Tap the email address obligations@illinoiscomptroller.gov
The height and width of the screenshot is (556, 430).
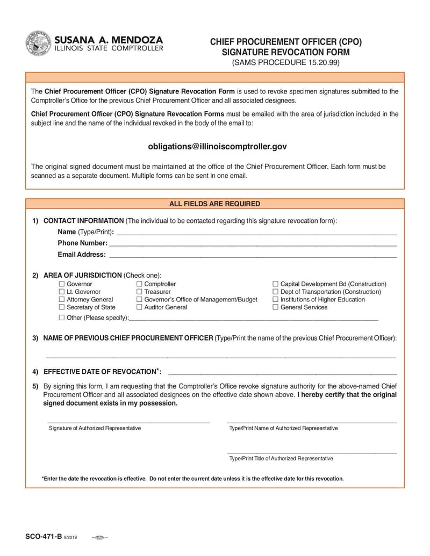(x=217, y=146)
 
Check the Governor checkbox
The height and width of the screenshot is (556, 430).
(x=61, y=284)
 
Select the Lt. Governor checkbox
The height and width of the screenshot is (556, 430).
(x=61, y=292)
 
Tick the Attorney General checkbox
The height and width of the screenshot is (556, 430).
(x=61, y=300)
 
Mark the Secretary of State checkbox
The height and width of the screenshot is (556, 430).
(x=61, y=307)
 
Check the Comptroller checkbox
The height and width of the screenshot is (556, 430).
(x=139, y=284)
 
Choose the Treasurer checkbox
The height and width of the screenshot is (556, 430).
(x=139, y=292)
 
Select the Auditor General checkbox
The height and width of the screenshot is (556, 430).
(x=139, y=307)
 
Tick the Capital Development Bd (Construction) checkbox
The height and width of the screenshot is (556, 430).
(x=275, y=284)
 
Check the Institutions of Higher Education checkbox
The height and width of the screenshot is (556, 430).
(x=275, y=300)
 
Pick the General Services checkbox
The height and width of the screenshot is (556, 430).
(x=275, y=307)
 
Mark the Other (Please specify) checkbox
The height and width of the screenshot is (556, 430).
(x=61, y=318)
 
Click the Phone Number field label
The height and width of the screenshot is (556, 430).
(x=83, y=243)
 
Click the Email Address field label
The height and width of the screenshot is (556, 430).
(x=82, y=255)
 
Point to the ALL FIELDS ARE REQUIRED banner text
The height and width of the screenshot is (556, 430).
(x=214, y=204)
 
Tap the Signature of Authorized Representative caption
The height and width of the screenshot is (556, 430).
(x=95, y=428)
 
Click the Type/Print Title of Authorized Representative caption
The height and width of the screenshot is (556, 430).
(x=281, y=459)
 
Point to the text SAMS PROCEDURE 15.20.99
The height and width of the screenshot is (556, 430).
(x=286, y=63)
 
